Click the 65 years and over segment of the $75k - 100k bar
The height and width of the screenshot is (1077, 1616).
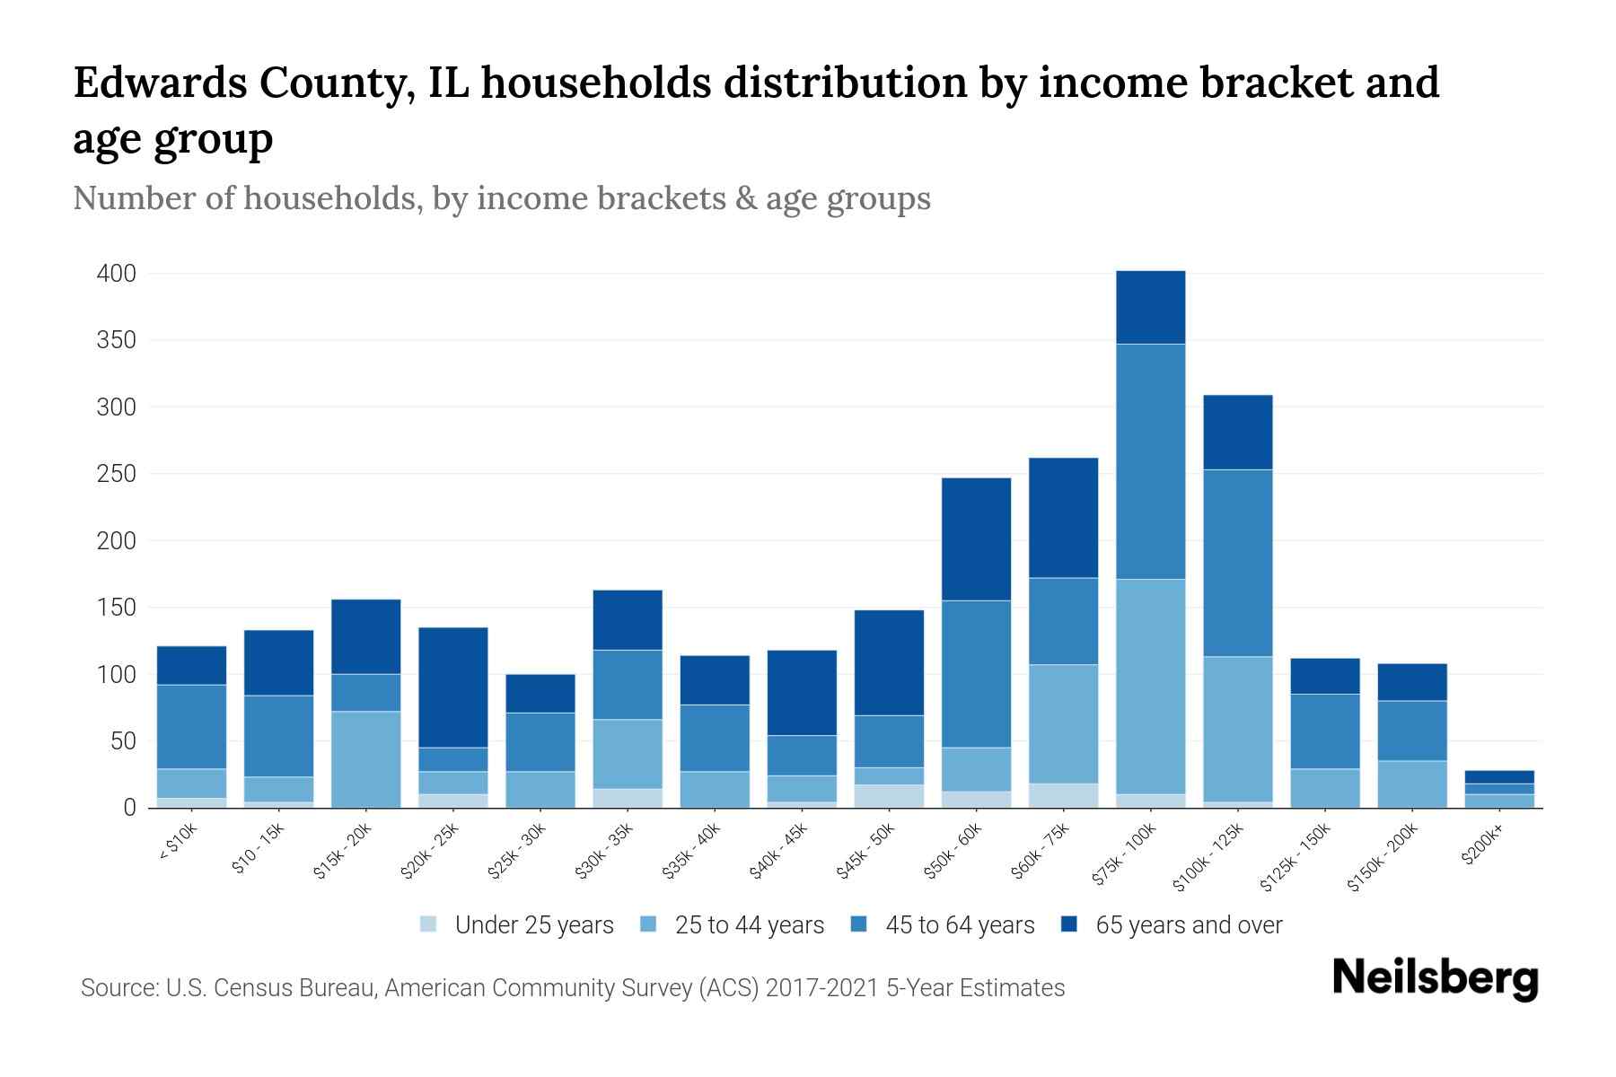(x=1150, y=307)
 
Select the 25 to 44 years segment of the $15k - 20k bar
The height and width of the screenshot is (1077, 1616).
(x=365, y=759)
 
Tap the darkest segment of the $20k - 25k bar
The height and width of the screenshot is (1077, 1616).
(x=453, y=687)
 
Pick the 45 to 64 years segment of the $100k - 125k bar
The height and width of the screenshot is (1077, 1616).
(x=1237, y=563)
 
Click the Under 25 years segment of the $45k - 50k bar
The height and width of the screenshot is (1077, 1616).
(x=889, y=796)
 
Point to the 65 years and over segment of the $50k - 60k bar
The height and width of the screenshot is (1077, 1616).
(x=976, y=538)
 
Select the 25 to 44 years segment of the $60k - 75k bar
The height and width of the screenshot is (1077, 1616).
(x=1063, y=723)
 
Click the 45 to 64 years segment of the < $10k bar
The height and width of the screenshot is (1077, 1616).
(x=191, y=727)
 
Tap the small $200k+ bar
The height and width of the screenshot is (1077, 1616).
(x=1499, y=789)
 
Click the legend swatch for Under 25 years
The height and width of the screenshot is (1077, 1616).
(x=428, y=924)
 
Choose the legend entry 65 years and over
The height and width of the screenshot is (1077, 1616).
(x=1188, y=925)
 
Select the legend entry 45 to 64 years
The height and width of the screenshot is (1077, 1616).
(x=959, y=925)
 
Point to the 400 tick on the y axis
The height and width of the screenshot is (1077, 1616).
(x=117, y=274)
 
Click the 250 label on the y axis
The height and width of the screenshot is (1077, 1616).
(x=117, y=474)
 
